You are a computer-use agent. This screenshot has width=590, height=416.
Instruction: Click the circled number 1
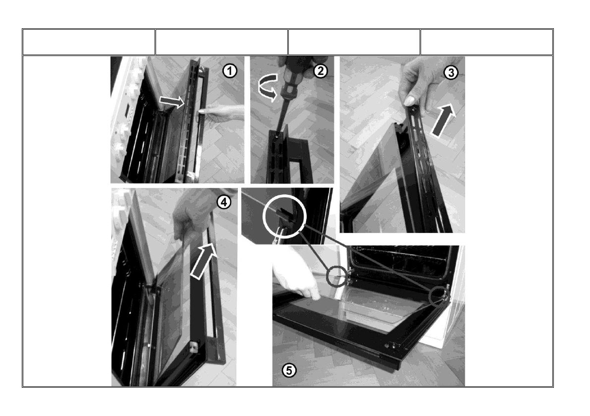tap(230, 71)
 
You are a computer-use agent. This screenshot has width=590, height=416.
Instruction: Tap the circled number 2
tap(320, 71)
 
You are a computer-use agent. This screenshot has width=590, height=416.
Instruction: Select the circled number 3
tap(451, 73)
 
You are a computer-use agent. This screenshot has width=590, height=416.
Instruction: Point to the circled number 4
tap(224, 202)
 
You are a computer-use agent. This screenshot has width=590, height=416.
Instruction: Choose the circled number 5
tap(289, 370)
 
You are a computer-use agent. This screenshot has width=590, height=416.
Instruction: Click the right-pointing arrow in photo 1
tap(171, 101)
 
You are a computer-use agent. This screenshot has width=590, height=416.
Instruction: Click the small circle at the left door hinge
tap(337, 277)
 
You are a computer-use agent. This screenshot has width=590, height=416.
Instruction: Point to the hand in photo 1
tap(221, 112)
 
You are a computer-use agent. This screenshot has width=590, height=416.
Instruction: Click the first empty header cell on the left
tap(89, 42)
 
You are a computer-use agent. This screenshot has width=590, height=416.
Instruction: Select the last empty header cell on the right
tap(486, 42)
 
